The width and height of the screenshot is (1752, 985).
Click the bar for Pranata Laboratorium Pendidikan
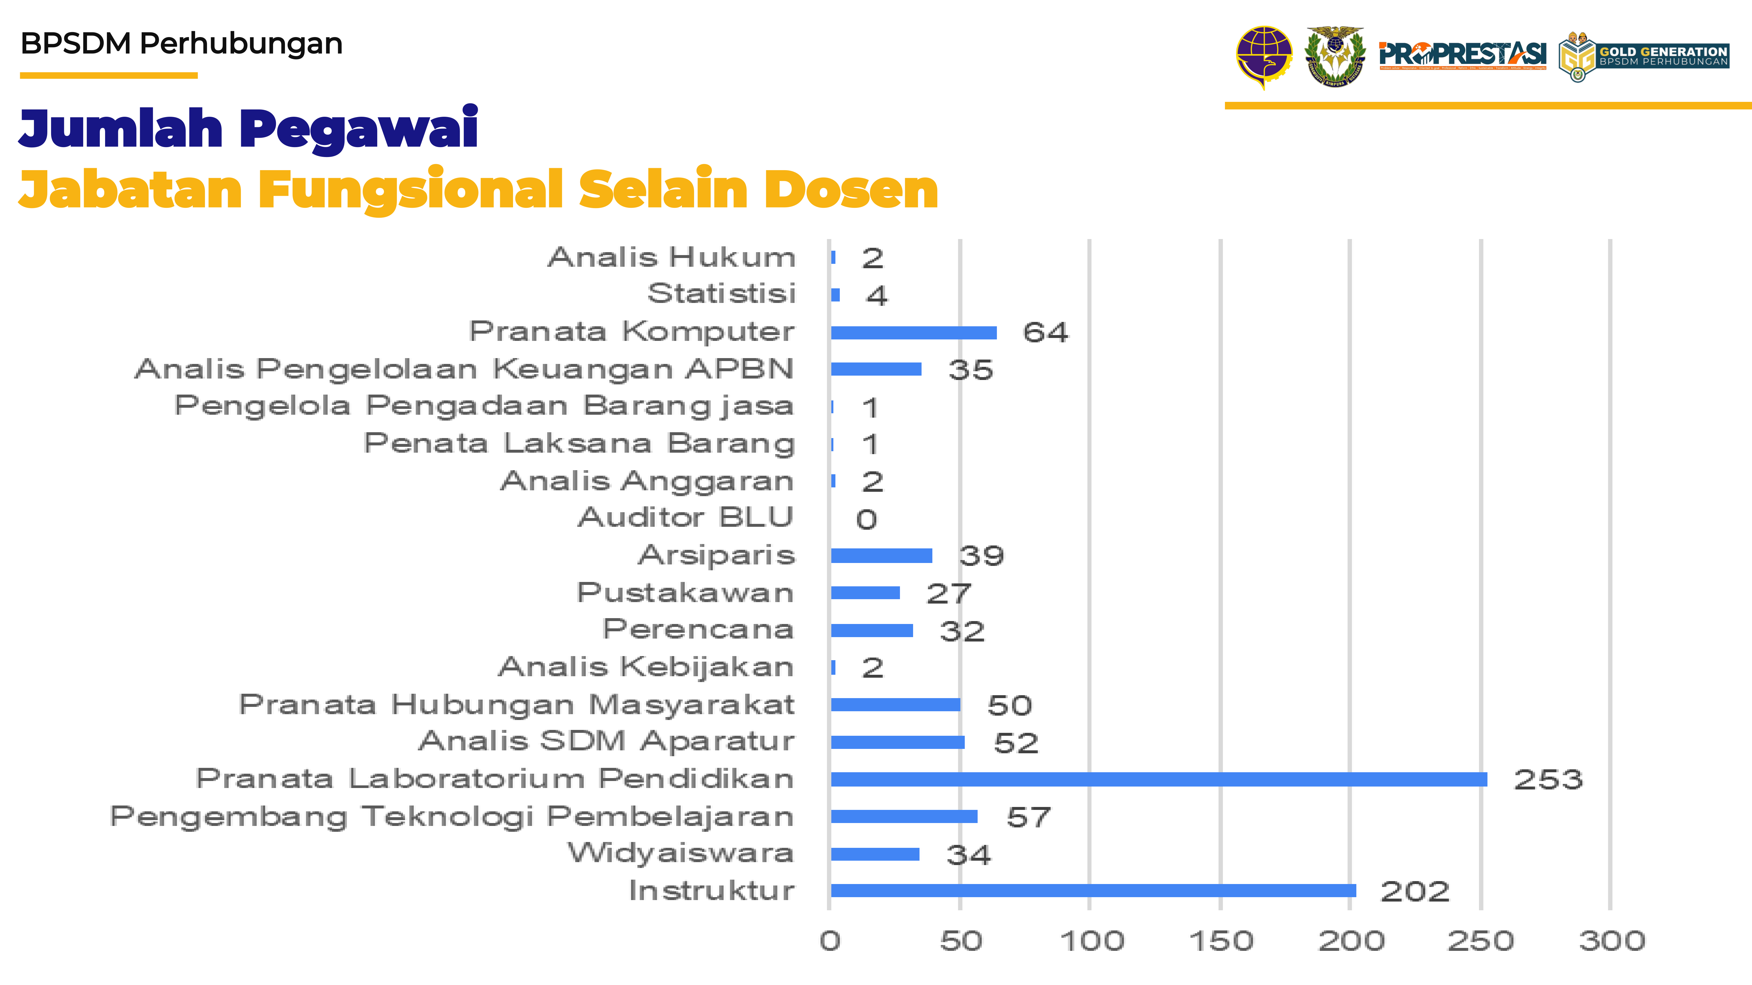coord(1158,779)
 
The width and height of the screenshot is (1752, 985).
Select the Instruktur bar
coord(1093,890)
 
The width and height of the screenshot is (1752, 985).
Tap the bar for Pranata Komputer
coord(913,332)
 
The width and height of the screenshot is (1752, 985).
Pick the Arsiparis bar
coord(882,555)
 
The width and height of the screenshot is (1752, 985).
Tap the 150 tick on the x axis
coord(1221,941)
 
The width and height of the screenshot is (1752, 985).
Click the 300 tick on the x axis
coord(1611,941)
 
